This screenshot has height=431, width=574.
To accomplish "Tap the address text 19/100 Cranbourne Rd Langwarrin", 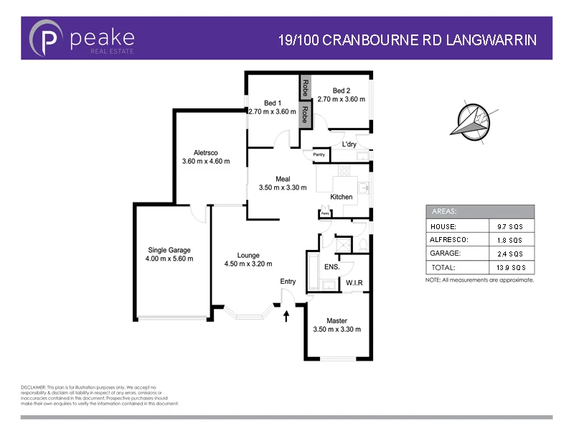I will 407,40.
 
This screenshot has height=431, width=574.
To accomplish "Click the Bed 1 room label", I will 273,102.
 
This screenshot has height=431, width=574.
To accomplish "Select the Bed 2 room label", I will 341,91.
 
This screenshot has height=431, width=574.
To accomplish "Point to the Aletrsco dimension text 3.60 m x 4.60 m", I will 206,162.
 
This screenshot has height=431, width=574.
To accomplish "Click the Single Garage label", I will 169,249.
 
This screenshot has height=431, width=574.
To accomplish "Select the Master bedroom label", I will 337,320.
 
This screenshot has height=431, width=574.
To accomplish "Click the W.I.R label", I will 354,283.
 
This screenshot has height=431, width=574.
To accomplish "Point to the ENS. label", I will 331,267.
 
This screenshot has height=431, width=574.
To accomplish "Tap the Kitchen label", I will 341,197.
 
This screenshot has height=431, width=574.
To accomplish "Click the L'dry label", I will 349,144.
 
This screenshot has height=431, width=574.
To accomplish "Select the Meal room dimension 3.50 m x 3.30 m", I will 283,188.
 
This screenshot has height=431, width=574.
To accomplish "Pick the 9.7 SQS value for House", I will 514,226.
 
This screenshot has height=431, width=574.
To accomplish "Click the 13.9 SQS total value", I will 514,267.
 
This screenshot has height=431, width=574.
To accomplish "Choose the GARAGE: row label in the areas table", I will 446,254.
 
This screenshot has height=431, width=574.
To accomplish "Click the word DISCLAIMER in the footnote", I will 34,387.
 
